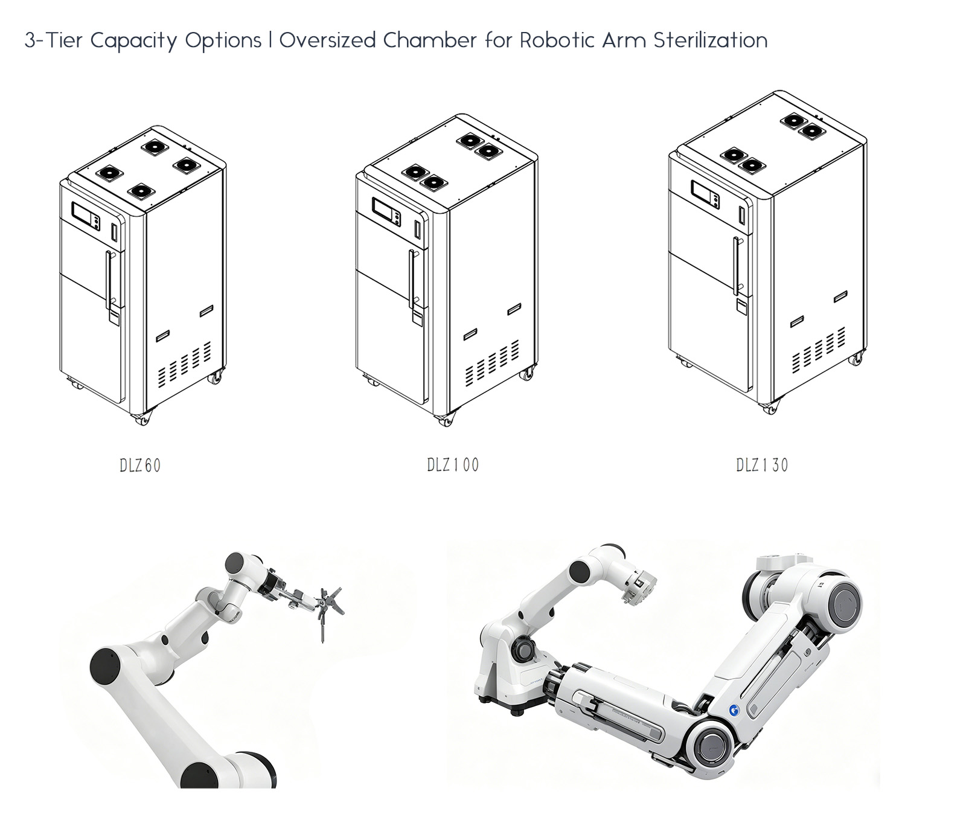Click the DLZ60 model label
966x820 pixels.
(140, 466)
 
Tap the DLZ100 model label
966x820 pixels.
(453, 465)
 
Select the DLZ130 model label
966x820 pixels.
(762, 465)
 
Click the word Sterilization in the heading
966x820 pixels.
(711, 40)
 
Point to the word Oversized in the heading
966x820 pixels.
(328, 40)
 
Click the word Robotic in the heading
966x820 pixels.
(557, 40)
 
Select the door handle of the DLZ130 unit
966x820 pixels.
(737, 266)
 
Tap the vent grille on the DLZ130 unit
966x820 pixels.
(819, 349)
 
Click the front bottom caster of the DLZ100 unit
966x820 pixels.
(445, 419)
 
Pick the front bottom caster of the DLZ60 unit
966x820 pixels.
(142, 418)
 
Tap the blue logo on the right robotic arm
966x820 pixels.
(734, 711)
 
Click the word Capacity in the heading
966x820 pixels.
(134, 41)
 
